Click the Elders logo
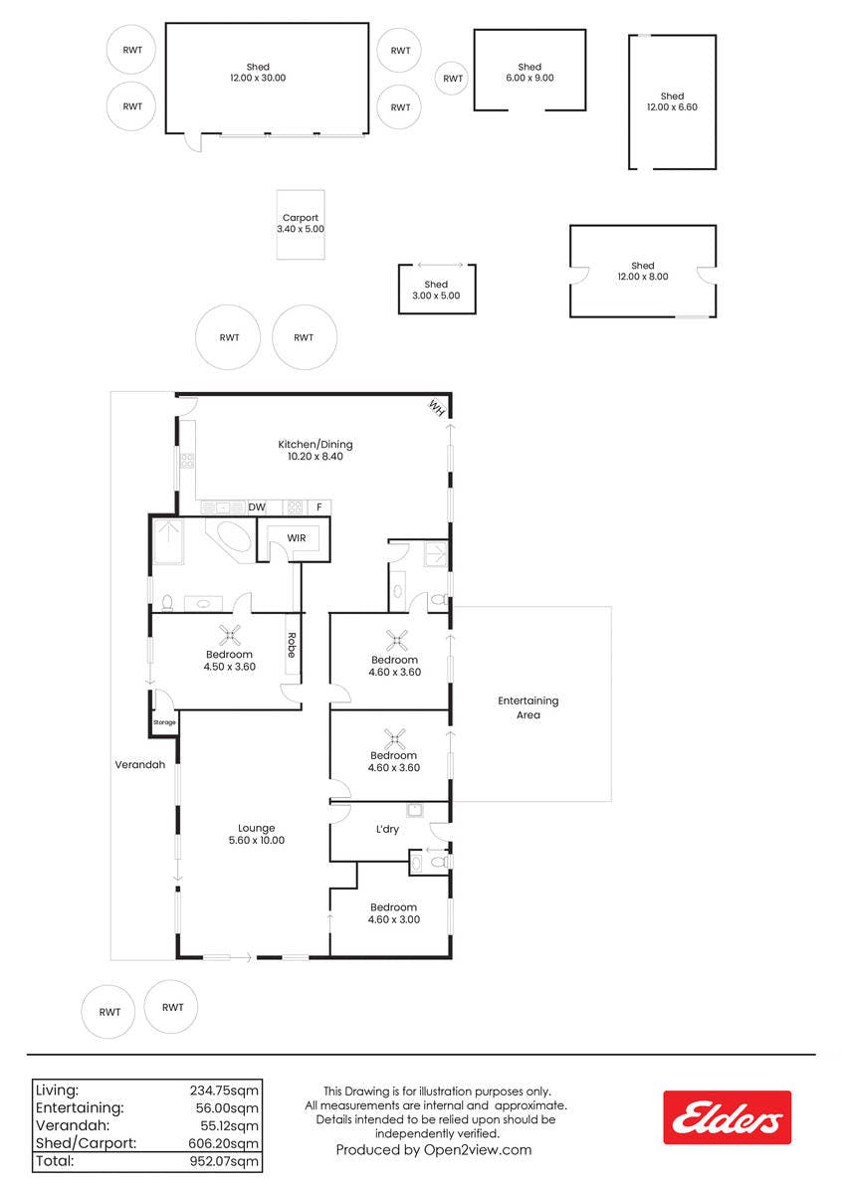(727, 1117)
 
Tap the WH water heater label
(436, 408)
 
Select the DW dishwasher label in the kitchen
(257, 506)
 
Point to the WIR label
(297, 538)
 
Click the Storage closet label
(164, 722)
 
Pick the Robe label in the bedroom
(292, 645)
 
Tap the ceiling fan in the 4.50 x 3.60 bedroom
(229, 635)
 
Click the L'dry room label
(387, 829)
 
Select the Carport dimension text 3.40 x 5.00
(301, 229)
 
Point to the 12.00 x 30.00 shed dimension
(258, 78)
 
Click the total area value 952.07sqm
(224, 1161)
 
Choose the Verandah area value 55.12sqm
(227, 1125)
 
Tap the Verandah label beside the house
(139, 764)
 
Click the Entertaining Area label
(527, 707)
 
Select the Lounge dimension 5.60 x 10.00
(257, 840)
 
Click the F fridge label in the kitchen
(318, 506)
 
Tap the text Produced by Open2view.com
(434, 1150)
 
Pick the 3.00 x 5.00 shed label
(436, 296)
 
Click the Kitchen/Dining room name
(316, 444)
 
